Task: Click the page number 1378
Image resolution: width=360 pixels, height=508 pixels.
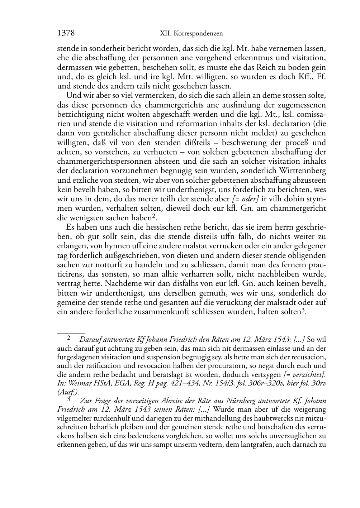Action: pyautogui.click(x=66, y=33)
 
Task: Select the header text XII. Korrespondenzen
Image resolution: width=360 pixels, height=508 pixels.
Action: pyautogui.click(x=191, y=34)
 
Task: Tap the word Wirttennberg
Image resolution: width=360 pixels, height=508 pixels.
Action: pyautogui.click(x=305, y=171)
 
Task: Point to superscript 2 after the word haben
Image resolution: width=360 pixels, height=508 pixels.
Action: pyautogui.click(x=153, y=216)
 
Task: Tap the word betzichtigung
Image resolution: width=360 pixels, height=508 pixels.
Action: pyautogui.click(x=78, y=114)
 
